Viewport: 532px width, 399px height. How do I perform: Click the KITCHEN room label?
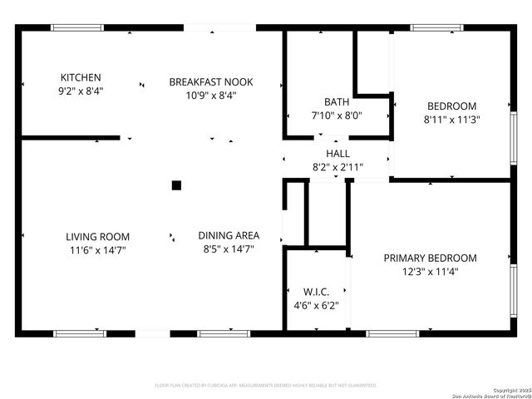[81, 77]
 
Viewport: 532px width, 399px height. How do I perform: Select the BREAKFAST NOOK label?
[211, 81]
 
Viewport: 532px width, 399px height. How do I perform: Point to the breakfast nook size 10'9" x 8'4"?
[211, 95]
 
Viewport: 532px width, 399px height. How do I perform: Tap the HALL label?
[337, 154]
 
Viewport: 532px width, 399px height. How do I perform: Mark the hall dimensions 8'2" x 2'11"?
[337, 166]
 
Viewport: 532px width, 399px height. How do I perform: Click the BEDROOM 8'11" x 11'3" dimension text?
[451, 119]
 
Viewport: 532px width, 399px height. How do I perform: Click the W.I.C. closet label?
[317, 292]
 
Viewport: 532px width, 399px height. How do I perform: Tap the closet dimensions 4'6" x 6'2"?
[317, 305]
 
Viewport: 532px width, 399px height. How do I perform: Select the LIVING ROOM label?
[97, 237]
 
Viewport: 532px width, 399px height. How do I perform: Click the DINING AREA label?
[229, 235]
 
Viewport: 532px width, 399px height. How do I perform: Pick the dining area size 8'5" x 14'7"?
[229, 249]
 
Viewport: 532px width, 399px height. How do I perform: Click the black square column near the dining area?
[176, 185]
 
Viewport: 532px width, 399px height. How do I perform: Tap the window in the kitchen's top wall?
[77, 27]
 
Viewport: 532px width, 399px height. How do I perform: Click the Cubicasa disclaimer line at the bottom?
[266, 386]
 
